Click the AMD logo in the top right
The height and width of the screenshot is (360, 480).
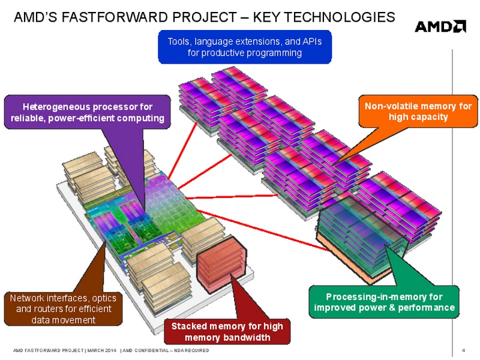[440, 26]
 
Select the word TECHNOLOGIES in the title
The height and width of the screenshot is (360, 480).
[340, 17]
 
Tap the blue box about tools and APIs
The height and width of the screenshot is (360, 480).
[244, 47]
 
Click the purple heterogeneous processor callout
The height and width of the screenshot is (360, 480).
[87, 112]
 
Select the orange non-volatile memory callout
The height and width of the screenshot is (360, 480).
[418, 112]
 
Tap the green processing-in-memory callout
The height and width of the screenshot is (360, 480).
[384, 302]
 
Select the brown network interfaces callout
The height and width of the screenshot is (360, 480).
[63, 308]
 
